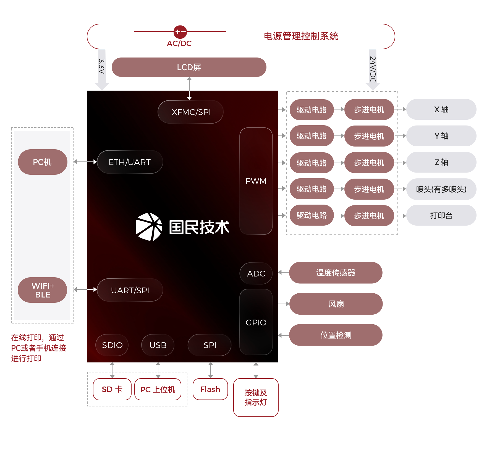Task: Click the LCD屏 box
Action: [x=189, y=67]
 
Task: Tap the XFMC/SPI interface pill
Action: [x=190, y=112]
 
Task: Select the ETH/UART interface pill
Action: [x=130, y=162]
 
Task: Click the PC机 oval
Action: [x=43, y=162]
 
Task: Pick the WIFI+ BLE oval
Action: [x=43, y=290]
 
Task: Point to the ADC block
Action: [x=256, y=273]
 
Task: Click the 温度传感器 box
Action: [x=336, y=273]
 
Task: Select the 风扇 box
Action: [x=336, y=304]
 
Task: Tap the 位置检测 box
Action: [x=336, y=335]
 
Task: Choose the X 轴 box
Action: [x=441, y=109]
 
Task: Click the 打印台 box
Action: [x=441, y=215]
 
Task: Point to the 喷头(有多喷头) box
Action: [x=441, y=189]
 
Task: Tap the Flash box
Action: [x=210, y=389]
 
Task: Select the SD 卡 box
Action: [x=112, y=389]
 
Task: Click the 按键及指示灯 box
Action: [x=256, y=397]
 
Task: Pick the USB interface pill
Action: [x=158, y=345]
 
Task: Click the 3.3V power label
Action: [x=102, y=66]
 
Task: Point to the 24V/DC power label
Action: [x=373, y=69]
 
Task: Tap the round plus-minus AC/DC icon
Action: [x=180, y=32]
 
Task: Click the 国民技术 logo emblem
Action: [x=149, y=227]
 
